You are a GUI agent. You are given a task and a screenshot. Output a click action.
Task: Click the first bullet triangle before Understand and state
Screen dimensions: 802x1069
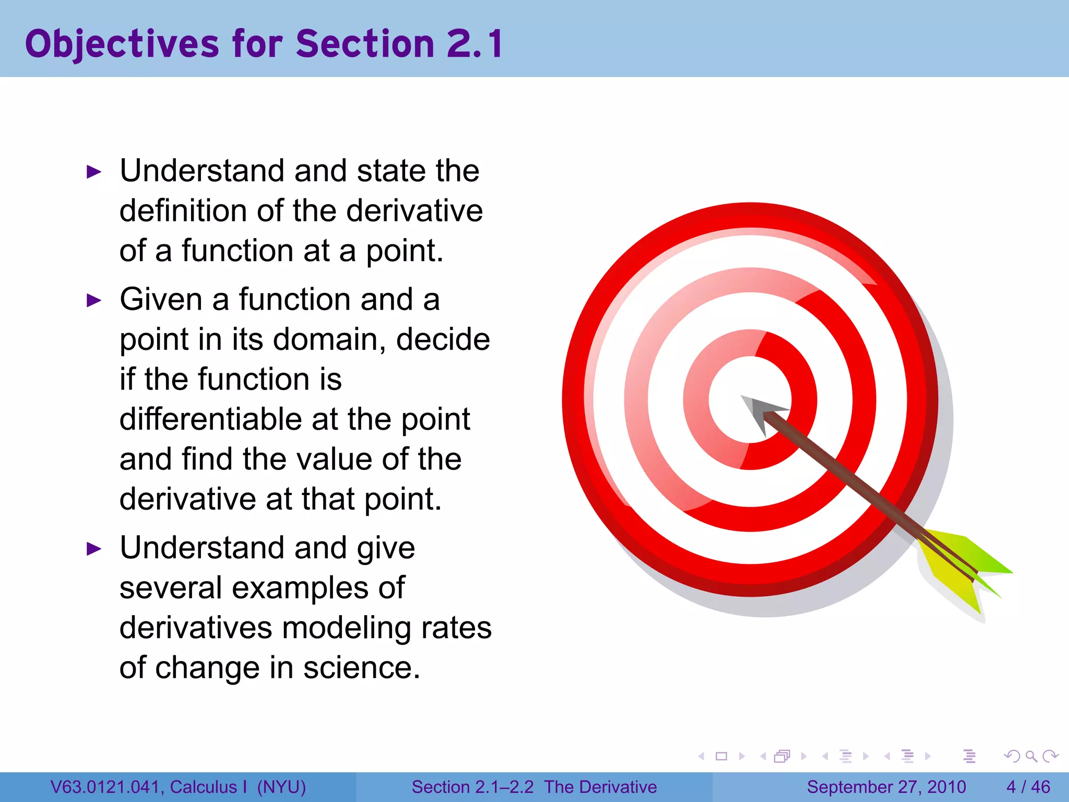[94, 172]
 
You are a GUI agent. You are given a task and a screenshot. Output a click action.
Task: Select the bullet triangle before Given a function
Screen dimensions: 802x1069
[94, 300]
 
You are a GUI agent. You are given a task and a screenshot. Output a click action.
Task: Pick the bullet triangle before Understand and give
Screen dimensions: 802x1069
[94, 549]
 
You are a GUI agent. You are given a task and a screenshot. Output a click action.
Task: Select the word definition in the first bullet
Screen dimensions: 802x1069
[183, 211]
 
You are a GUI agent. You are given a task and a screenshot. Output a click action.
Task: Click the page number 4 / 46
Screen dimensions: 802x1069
[1028, 787]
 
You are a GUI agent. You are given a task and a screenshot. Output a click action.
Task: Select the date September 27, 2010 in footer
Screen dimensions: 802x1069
[886, 787]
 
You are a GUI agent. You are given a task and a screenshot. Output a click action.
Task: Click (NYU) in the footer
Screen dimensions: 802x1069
[281, 787]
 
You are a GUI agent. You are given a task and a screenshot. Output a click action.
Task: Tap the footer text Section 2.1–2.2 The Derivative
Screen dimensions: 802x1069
[534, 787]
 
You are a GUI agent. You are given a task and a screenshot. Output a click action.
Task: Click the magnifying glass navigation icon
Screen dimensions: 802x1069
[1031, 756]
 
